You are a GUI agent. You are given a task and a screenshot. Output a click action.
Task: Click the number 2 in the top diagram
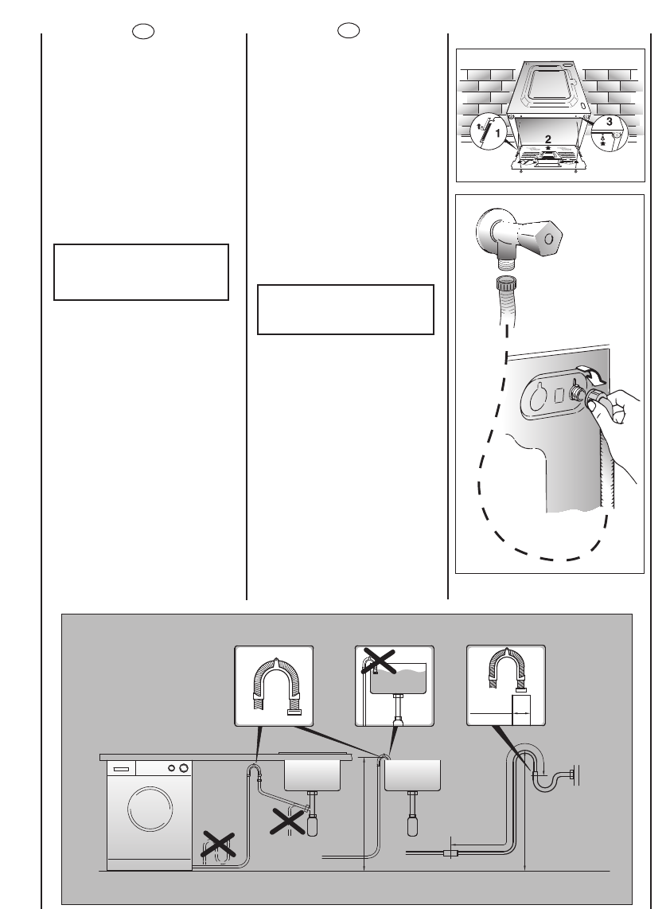pos(547,139)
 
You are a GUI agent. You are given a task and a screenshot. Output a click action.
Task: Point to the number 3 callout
pos(609,122)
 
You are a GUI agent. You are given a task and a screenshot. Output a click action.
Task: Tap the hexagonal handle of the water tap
pos(547,236)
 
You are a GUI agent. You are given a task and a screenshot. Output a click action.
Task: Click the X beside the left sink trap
pos(290,821)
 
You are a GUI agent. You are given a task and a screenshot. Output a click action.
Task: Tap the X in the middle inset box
pos(380,662)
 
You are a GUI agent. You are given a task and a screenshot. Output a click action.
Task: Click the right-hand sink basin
pos(412,774)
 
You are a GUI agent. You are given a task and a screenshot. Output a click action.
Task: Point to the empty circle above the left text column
pos(142,31)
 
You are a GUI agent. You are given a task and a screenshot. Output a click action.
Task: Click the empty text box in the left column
pos(141,272)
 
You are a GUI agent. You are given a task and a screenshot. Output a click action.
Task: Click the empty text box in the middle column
pos(345,309)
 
